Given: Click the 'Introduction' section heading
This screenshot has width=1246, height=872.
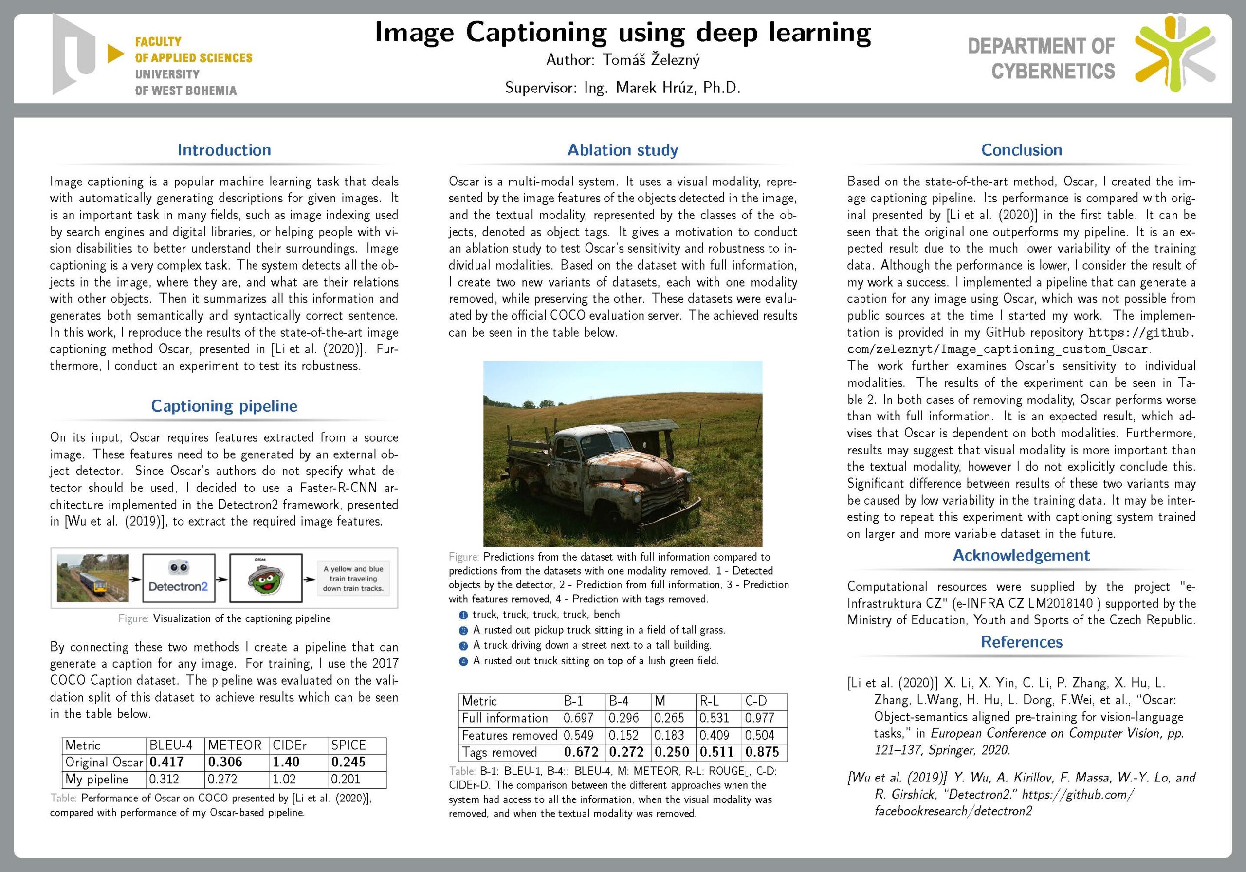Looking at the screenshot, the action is click(224, 150).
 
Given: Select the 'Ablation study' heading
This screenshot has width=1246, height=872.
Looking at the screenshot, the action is click(623, 150).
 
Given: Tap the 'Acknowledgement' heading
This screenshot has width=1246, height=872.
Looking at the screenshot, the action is click(1021, 555).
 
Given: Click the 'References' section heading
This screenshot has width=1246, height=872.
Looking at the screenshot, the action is click(1021, 642).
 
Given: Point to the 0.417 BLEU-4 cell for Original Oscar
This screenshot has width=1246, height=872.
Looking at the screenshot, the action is click(166, 762).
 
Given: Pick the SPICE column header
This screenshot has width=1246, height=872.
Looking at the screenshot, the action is click(348, 745).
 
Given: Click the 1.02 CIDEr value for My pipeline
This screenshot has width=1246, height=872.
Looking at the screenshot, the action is click(284, 779).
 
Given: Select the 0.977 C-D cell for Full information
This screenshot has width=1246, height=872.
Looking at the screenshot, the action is click(759, 718).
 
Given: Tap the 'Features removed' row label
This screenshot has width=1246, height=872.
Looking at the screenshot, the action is click(509, 735).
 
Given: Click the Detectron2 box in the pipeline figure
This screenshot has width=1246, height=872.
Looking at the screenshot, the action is click(179, 578).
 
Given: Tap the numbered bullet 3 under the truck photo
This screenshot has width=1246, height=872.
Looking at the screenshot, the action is click(463, 646).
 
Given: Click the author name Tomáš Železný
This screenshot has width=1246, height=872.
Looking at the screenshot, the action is click(651, 60).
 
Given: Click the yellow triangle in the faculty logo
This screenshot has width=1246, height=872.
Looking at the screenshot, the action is click(115, 53).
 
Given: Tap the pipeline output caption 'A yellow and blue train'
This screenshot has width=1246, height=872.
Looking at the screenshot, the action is click(353, 579).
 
